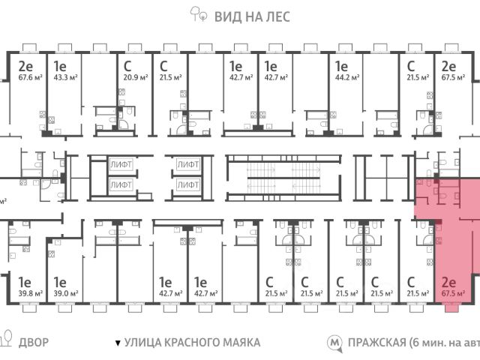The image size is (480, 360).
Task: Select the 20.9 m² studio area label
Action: point(134,78)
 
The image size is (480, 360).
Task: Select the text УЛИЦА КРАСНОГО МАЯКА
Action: point(192,342)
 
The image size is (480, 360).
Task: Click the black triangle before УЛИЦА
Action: point(117,343)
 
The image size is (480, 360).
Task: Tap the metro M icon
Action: point(334,342)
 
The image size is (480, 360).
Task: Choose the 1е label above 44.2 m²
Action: point(343,65)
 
